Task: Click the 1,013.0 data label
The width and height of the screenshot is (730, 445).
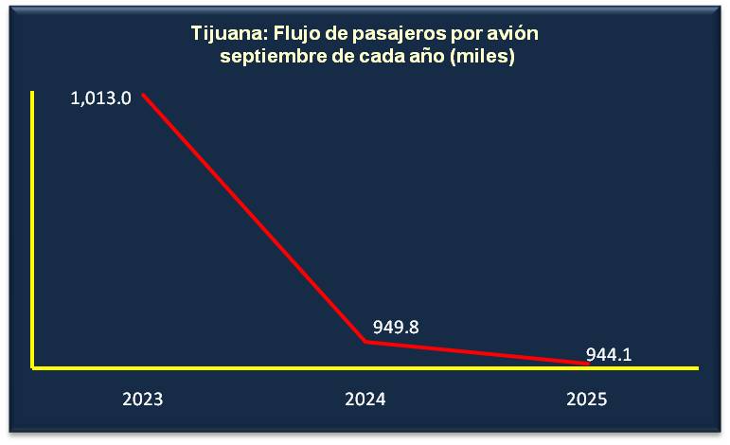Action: pos(100,98)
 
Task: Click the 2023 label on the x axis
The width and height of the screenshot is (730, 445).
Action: pos(142,399)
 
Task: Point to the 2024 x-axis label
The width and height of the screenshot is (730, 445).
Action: pos(365,399)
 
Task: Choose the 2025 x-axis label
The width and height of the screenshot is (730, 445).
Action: pos(586,399)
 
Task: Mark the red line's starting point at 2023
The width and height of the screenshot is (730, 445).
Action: pos(143,94)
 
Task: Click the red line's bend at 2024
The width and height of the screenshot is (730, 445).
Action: pos(365,341)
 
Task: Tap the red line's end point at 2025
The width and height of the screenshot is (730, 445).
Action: pos(587,364)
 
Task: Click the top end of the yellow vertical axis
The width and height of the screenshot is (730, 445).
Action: pos(32,92)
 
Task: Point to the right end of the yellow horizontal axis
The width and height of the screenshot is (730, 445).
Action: pos(698,366)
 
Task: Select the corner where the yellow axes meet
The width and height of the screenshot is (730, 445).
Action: pos(32,366)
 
